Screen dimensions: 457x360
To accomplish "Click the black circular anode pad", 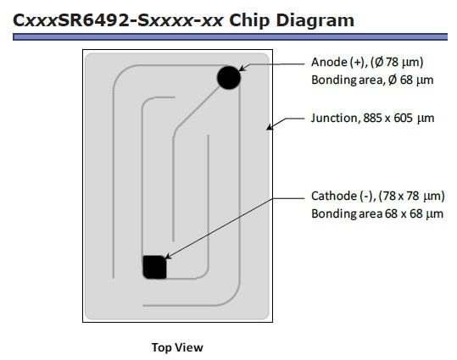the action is point(229,77).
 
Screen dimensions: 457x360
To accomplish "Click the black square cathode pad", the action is point(154,267).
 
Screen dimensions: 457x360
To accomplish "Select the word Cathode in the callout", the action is point(334,196).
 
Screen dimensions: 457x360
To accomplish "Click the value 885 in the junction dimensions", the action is point(372,118).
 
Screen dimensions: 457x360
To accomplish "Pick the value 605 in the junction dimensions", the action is point(403,118).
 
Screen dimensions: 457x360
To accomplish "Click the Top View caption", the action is point(177,347).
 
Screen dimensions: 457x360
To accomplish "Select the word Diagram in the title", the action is point(315,20).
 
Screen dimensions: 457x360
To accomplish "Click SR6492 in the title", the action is point(93,20).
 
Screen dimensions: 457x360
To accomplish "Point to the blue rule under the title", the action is point(231,36).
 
